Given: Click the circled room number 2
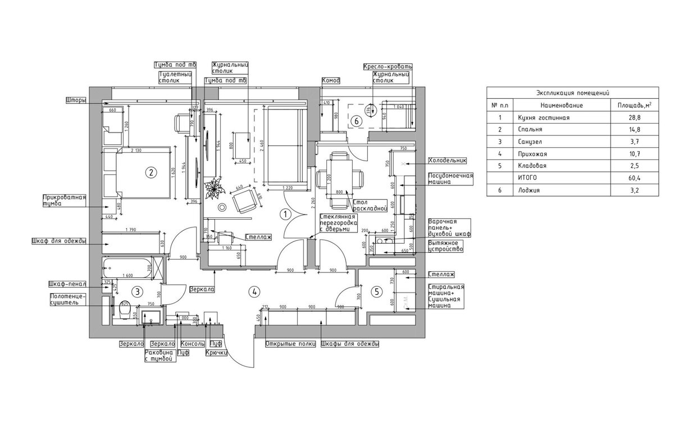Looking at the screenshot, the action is coord(150,172).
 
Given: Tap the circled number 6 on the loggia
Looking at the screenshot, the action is coord(354,120).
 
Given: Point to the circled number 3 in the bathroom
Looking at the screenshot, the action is coord(136,291).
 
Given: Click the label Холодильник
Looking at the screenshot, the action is coord(447,160).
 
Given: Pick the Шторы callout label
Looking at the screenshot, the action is coord(76,101).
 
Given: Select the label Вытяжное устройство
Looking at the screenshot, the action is coord(445,246).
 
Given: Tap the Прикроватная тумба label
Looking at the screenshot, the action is coord(64,200).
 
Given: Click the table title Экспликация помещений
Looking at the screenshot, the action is coord(572,93).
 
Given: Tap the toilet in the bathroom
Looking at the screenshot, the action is coord(125,309).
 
